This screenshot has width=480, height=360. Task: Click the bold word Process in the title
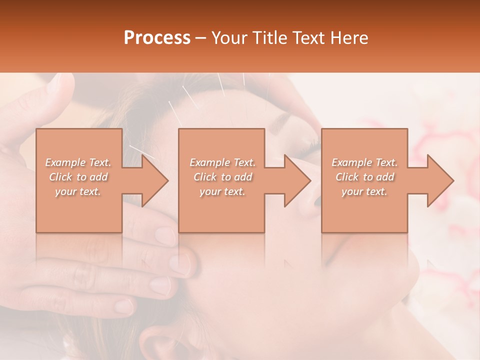157,38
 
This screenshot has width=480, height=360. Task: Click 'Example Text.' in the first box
78,162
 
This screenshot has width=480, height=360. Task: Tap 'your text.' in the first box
78,191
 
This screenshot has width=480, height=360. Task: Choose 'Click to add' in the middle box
222,177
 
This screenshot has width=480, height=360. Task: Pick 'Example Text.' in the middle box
222,162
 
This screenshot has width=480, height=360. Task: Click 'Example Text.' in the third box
364,162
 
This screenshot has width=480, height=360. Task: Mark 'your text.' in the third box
364,191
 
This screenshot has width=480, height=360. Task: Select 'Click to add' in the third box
364,177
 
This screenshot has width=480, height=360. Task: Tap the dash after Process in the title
200,38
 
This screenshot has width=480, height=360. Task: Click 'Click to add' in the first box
78,177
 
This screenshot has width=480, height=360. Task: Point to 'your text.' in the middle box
222,191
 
